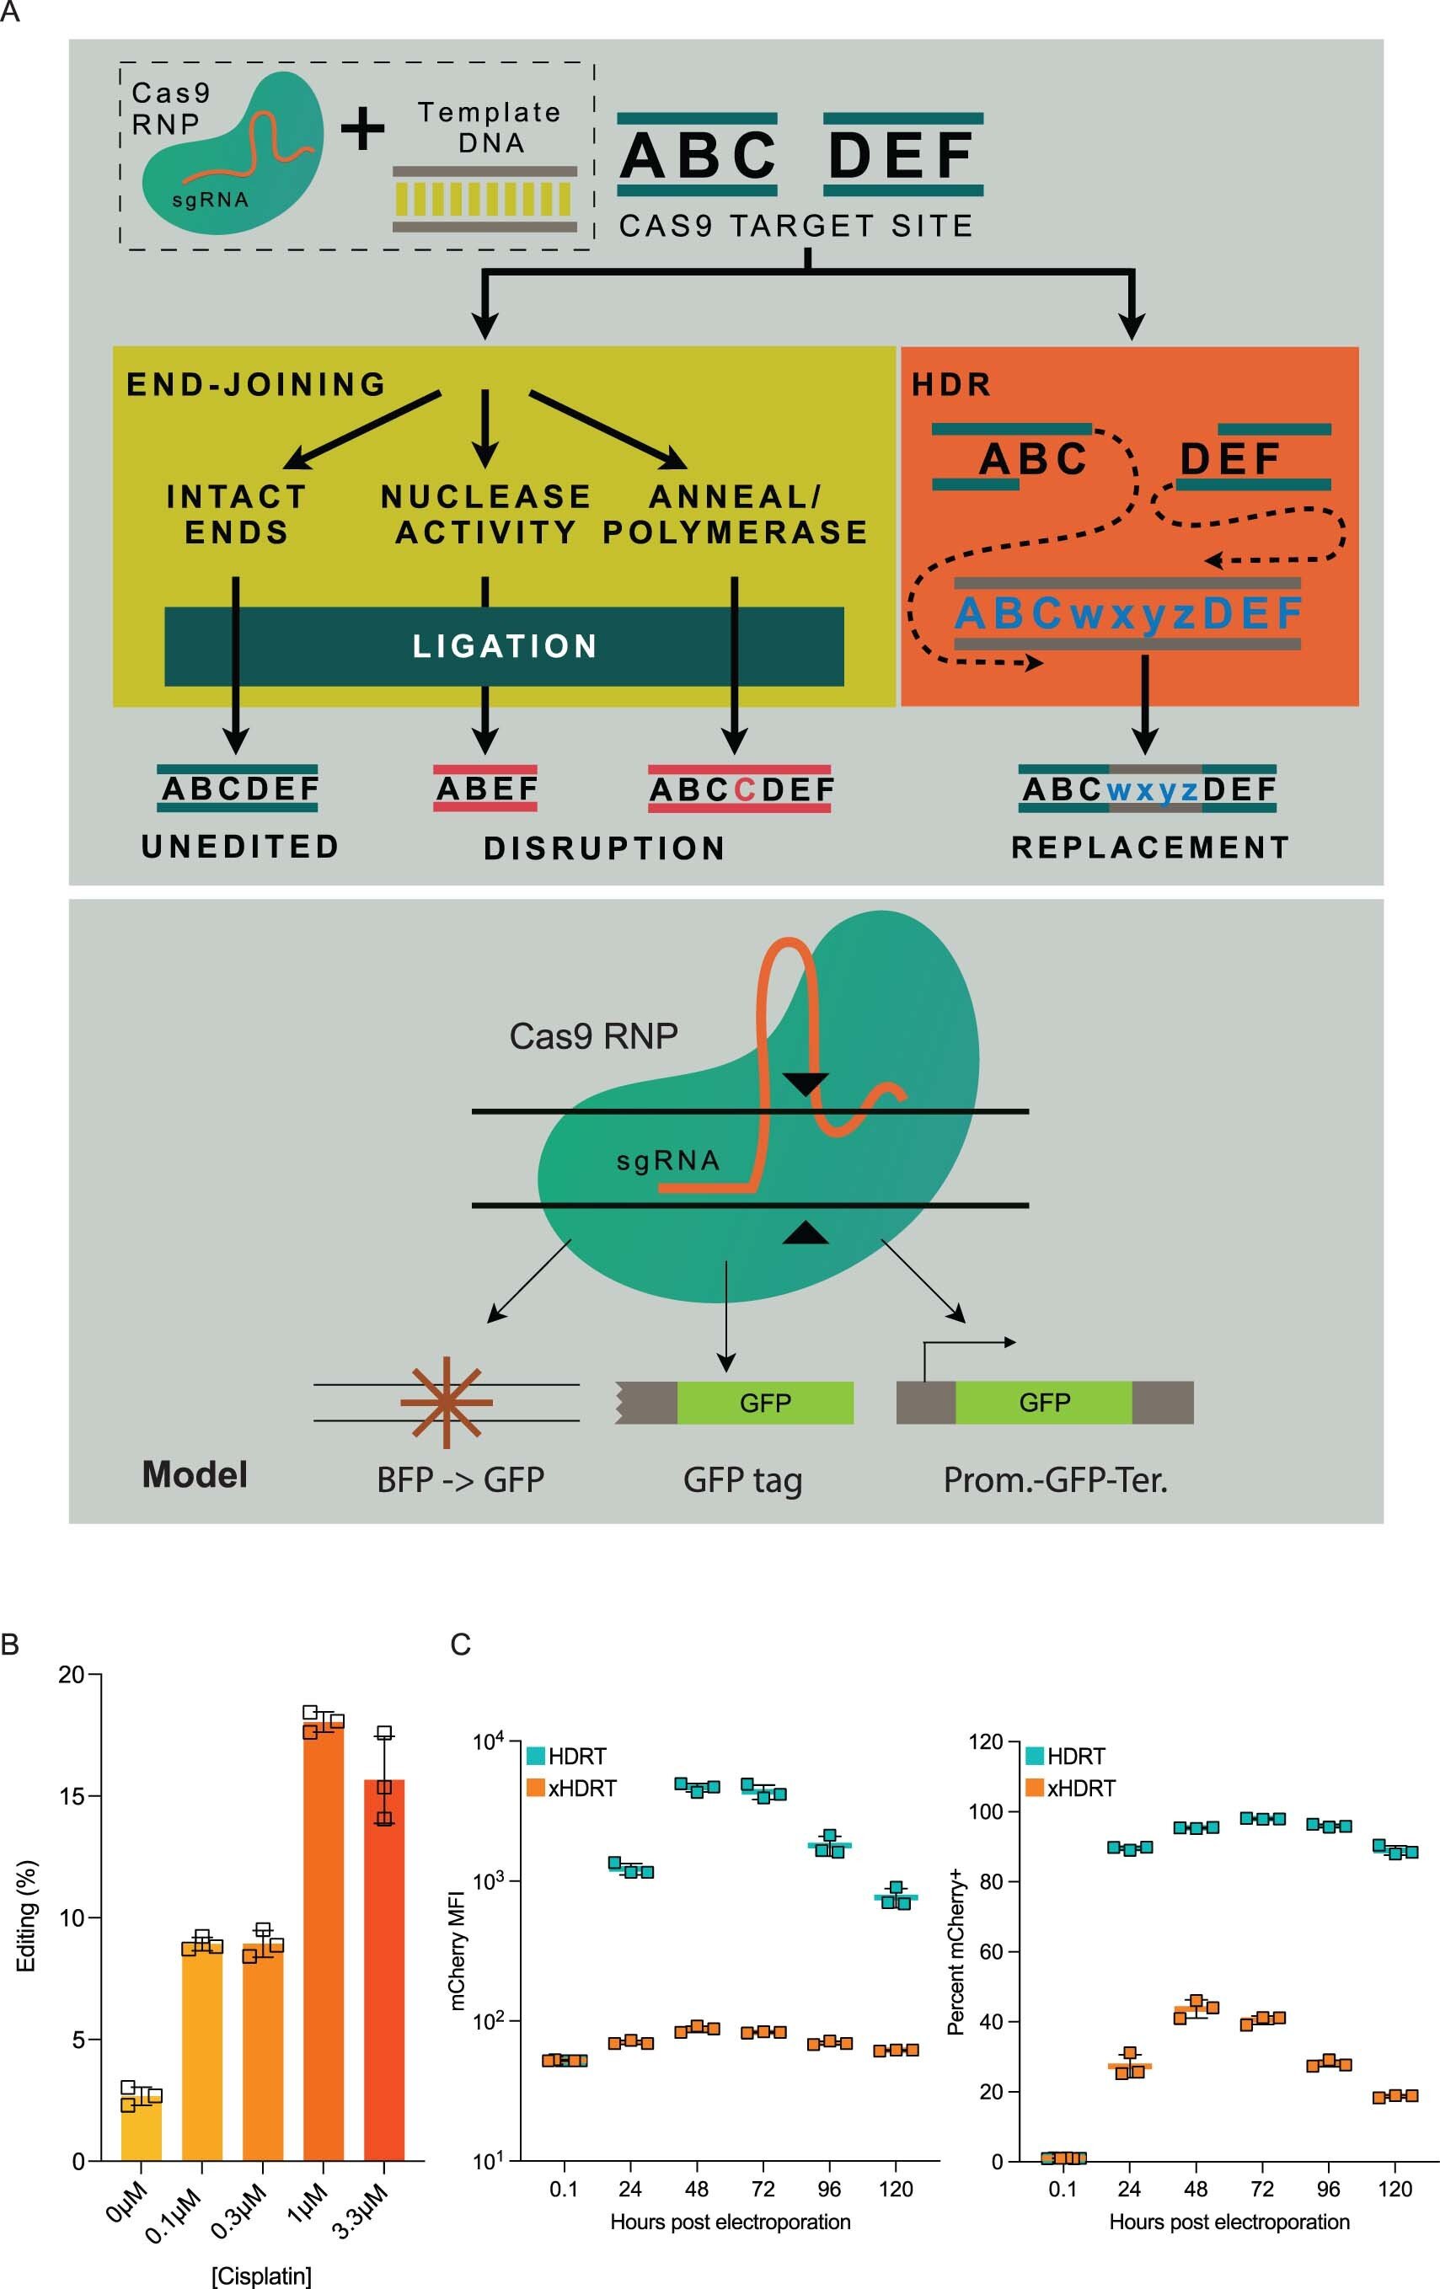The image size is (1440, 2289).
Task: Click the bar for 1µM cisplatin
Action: click(x=324, y=1949)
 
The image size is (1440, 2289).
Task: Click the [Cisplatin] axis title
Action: click(x=260, y=2276)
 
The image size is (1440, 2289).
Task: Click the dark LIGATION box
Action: click(x=504, y=646)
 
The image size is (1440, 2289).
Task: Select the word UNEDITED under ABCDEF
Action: click(x=239, y=846)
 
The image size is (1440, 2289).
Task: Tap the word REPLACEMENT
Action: click(x=1150, y=847)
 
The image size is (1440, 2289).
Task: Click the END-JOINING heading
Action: click(x=257, y=384)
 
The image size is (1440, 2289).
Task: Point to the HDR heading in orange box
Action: click(x=951, y=384)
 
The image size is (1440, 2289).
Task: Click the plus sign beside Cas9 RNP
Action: click(x=362, y=128)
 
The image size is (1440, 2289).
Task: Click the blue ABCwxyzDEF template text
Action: click(x=1127, y=613)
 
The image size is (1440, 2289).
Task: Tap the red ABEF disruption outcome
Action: click(x=485, y=788)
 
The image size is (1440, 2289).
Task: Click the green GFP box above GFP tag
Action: click(x=764, y=1403)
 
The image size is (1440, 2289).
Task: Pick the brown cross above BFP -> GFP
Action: click(x=446, y=1402)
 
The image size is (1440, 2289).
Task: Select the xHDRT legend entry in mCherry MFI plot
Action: click(x=571, y=1788)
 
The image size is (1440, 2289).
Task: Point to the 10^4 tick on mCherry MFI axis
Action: click(x=489, y=1741)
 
